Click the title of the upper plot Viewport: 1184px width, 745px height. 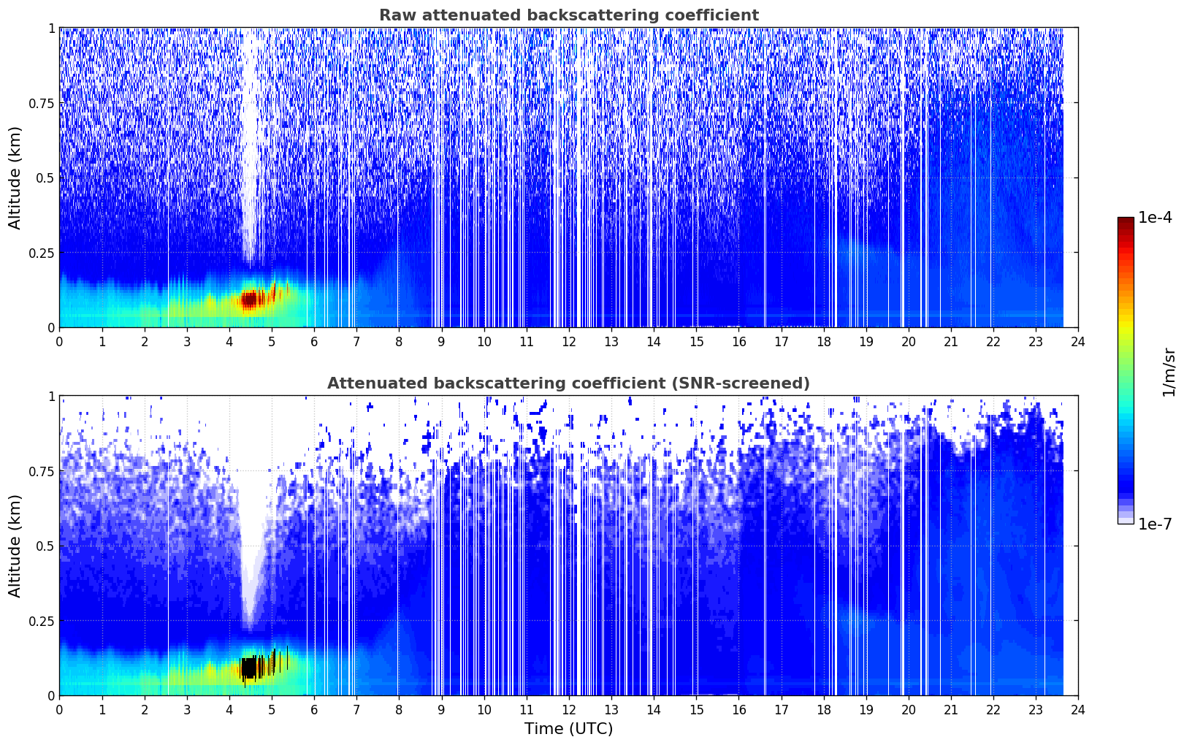[568, 15]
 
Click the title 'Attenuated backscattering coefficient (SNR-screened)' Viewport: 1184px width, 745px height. [568, 383]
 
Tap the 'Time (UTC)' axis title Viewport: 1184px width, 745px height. [568, 729]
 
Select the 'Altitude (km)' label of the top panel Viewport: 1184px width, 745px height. [15, 177]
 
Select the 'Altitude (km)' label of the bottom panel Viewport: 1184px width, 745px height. [15, 546]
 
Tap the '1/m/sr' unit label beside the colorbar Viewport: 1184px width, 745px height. [1169, 372]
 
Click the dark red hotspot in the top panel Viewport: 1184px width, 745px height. [250, 299]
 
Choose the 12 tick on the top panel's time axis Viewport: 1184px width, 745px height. [568, 341]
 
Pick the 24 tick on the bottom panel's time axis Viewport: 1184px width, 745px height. [1077, 709]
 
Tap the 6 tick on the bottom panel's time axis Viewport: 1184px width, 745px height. [314, 709]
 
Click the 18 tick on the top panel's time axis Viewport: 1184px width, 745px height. [823, 341]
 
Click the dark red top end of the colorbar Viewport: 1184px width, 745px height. [1126, 222]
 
